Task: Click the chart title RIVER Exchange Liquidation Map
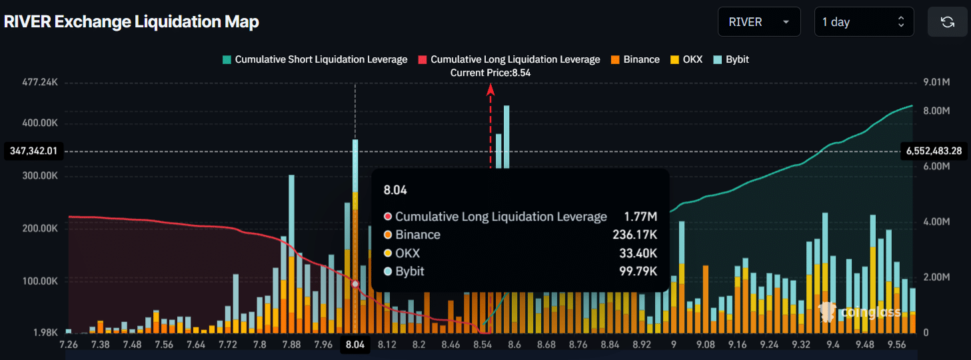131,22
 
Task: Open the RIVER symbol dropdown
759,22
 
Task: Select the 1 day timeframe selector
863,22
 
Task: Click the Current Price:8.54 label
490,73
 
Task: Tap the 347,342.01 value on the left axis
33,151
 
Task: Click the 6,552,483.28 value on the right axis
933,151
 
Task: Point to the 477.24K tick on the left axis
39,83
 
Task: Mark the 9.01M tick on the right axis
936,83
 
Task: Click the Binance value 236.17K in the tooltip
634,235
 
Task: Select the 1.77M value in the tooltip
640,217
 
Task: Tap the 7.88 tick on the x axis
292,345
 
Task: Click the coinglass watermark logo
860,312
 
